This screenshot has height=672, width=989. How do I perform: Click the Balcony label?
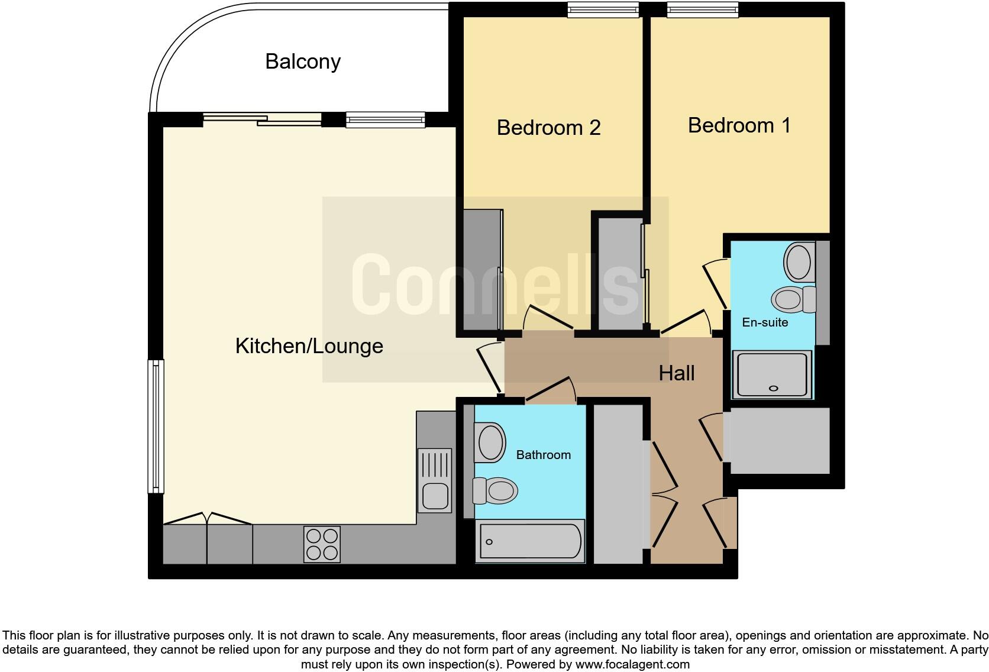303,62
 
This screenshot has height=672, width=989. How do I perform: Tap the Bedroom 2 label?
548,128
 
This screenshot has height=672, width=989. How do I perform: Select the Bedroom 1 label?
739,125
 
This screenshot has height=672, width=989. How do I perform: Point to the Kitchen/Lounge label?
309,346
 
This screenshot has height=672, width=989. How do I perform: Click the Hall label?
677,373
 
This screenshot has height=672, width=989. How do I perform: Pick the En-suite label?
765,322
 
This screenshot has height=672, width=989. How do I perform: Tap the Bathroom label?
543,455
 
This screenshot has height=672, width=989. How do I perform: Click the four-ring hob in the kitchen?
322,544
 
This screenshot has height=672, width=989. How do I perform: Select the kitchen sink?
435,480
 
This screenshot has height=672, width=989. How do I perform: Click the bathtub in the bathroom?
530,541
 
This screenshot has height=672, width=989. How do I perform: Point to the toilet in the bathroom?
496,490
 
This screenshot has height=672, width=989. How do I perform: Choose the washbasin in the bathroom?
490,441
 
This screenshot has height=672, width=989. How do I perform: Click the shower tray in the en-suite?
772,374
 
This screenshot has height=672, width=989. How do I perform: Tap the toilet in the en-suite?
794,299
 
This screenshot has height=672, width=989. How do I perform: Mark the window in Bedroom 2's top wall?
603,9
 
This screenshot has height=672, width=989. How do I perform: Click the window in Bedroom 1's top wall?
703,9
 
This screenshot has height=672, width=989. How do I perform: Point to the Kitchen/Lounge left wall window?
156,427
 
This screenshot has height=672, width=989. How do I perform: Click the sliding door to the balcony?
262,119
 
